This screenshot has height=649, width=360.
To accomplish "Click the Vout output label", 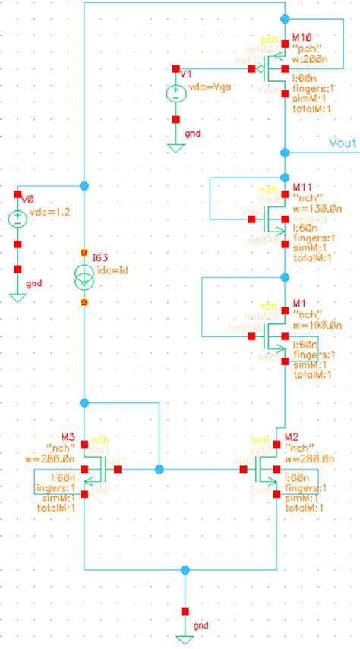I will [342, 142].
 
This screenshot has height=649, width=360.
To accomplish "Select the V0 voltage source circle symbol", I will [17, 219].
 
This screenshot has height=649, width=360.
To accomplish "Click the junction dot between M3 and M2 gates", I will [158, 468].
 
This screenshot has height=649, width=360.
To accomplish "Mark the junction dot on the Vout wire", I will [283, 151].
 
